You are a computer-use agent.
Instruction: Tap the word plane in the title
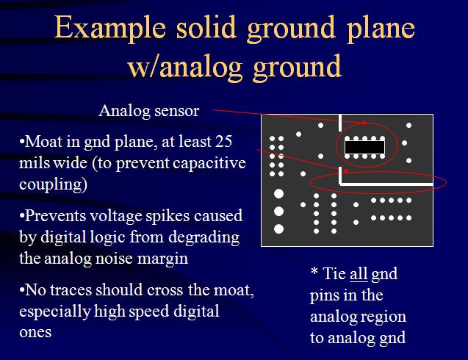click(x=381, y=29)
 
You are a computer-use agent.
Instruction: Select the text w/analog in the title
click(x=184, y=66)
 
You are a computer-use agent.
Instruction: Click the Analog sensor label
click(x=149, y=111)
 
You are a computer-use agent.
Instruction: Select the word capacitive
click(x=209, y=163)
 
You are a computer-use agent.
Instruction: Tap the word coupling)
click(x=53, y=184)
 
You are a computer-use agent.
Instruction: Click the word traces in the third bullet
click(x=71, y=290)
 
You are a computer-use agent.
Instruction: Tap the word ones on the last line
click(x=35, y=333)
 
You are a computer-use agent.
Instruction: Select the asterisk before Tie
click(x=314, y=271)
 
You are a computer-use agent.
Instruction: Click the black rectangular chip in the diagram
click(x=364, y=147)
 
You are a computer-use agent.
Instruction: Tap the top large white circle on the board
click(x=278, y=194)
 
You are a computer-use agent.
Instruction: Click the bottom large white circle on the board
click(x=278, y=229)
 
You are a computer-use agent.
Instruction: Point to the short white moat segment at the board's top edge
click(x=340, y=123)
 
